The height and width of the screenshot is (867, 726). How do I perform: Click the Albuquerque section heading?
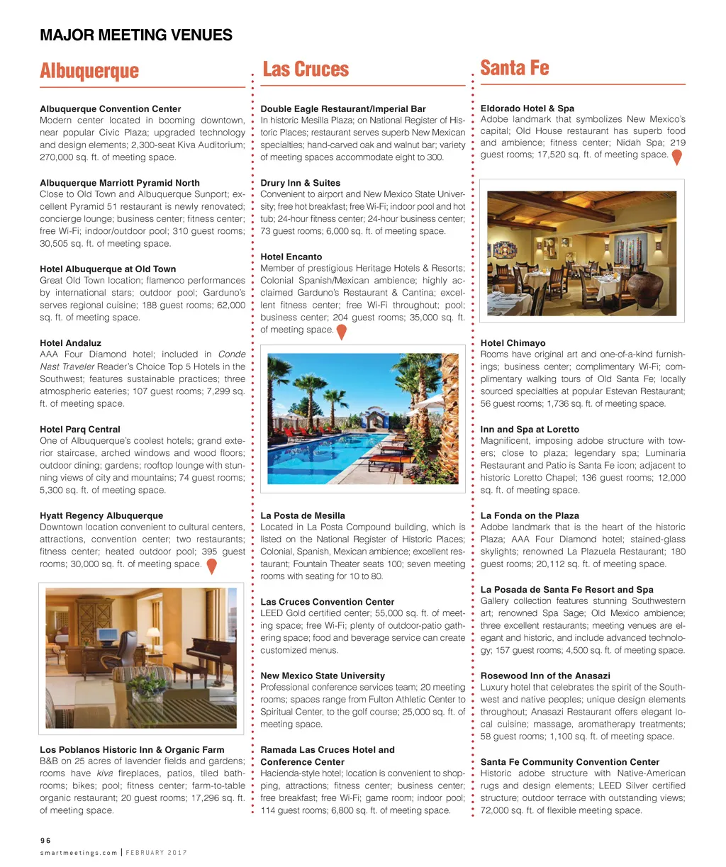coord(89,72)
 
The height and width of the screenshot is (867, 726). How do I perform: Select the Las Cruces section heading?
coord(306,69)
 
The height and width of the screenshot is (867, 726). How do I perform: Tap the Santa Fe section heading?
coord(515,68)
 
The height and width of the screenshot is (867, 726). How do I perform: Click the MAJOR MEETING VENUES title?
coord(136,35)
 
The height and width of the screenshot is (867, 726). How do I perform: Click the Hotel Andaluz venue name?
coord(70,343)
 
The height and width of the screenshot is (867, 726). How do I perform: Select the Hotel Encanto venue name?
coord(291,257)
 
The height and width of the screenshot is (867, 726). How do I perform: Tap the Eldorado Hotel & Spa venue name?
coord(527,108)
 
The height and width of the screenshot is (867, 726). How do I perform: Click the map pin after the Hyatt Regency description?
coord(211,566)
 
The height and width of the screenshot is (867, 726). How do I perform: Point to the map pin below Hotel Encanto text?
coord(341,332)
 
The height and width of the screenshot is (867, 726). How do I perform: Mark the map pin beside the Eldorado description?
coord(676,157)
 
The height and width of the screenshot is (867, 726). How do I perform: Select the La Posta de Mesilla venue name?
coord(303,515)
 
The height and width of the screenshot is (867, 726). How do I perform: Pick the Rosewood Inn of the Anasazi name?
coord(544,676)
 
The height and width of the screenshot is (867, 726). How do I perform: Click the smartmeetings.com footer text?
coord(79,853)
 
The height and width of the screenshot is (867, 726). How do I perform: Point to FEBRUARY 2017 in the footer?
coord(156,853)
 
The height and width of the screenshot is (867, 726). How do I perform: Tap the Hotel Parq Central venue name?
coord(79,430)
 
